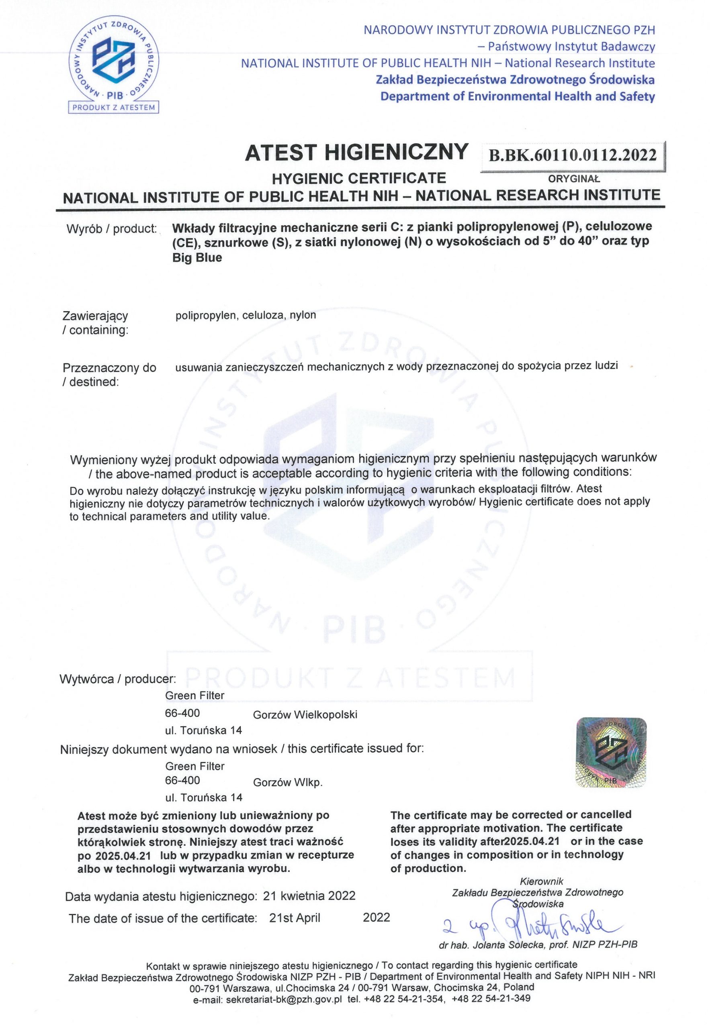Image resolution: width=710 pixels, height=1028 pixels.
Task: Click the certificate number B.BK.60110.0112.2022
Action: click(x=573, y=155)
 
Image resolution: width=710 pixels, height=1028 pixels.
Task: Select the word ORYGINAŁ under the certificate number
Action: click(x=574, y=179)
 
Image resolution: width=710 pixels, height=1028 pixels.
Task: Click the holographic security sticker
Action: click(x=611, y=752)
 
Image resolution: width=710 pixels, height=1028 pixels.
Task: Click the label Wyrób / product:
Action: click(x=112, y=229)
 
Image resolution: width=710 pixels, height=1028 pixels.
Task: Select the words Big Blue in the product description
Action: click(x=197, y=258)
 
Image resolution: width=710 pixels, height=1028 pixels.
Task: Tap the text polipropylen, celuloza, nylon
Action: click(x=246, y=315)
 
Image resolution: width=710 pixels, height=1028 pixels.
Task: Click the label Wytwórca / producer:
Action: click(x=118, y=679)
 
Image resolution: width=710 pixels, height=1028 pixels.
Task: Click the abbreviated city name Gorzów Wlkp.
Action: click(x=287, y=783)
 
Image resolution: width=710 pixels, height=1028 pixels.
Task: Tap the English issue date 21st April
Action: click(x=295, y=918)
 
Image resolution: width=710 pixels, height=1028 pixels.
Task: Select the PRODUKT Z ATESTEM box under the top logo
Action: click(x=114, y=108)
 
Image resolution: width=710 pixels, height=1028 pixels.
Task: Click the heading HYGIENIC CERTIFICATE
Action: click(x=358, y=178)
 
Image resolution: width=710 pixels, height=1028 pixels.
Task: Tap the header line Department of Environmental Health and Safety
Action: click(x=518, y=96)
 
